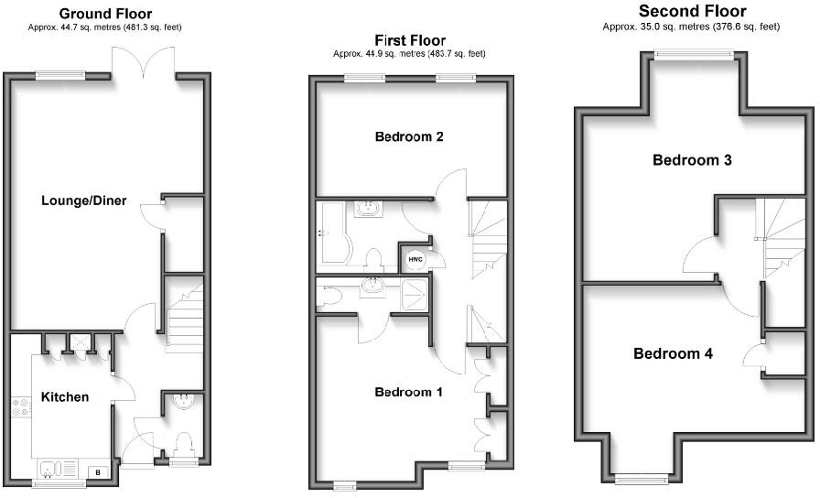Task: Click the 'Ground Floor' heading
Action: pos(105,14)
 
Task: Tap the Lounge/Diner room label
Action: pos(83,200)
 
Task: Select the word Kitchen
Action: pos(65,397)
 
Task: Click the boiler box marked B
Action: pos(99,472)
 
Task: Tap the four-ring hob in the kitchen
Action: pos(20,411)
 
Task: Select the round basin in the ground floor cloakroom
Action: pos(182,400)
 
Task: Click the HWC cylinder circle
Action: pos(414,259)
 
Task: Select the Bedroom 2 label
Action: pos(409,137)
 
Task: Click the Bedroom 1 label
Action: pos(409,392)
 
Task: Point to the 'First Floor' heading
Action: pos(410,40)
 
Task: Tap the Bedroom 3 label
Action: pos(691,160)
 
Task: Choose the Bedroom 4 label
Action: pos(673,353)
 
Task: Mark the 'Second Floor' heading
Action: pos(692,12)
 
